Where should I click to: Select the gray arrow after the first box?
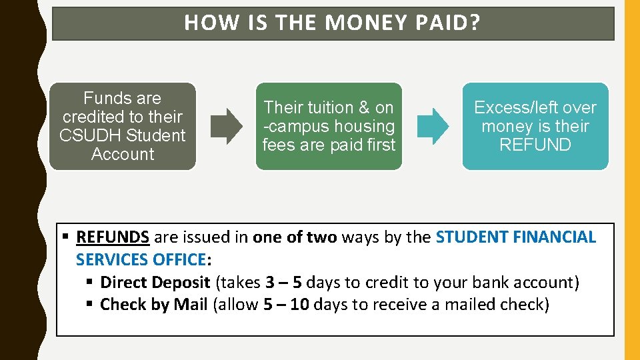227,126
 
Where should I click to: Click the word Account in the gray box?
123,154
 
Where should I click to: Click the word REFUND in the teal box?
535,145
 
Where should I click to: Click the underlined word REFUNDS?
113,237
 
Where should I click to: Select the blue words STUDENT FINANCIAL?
515,237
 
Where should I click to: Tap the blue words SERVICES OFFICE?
141,259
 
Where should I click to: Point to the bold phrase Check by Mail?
154,305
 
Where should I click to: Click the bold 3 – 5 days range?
283,282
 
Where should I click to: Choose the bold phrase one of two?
295,237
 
